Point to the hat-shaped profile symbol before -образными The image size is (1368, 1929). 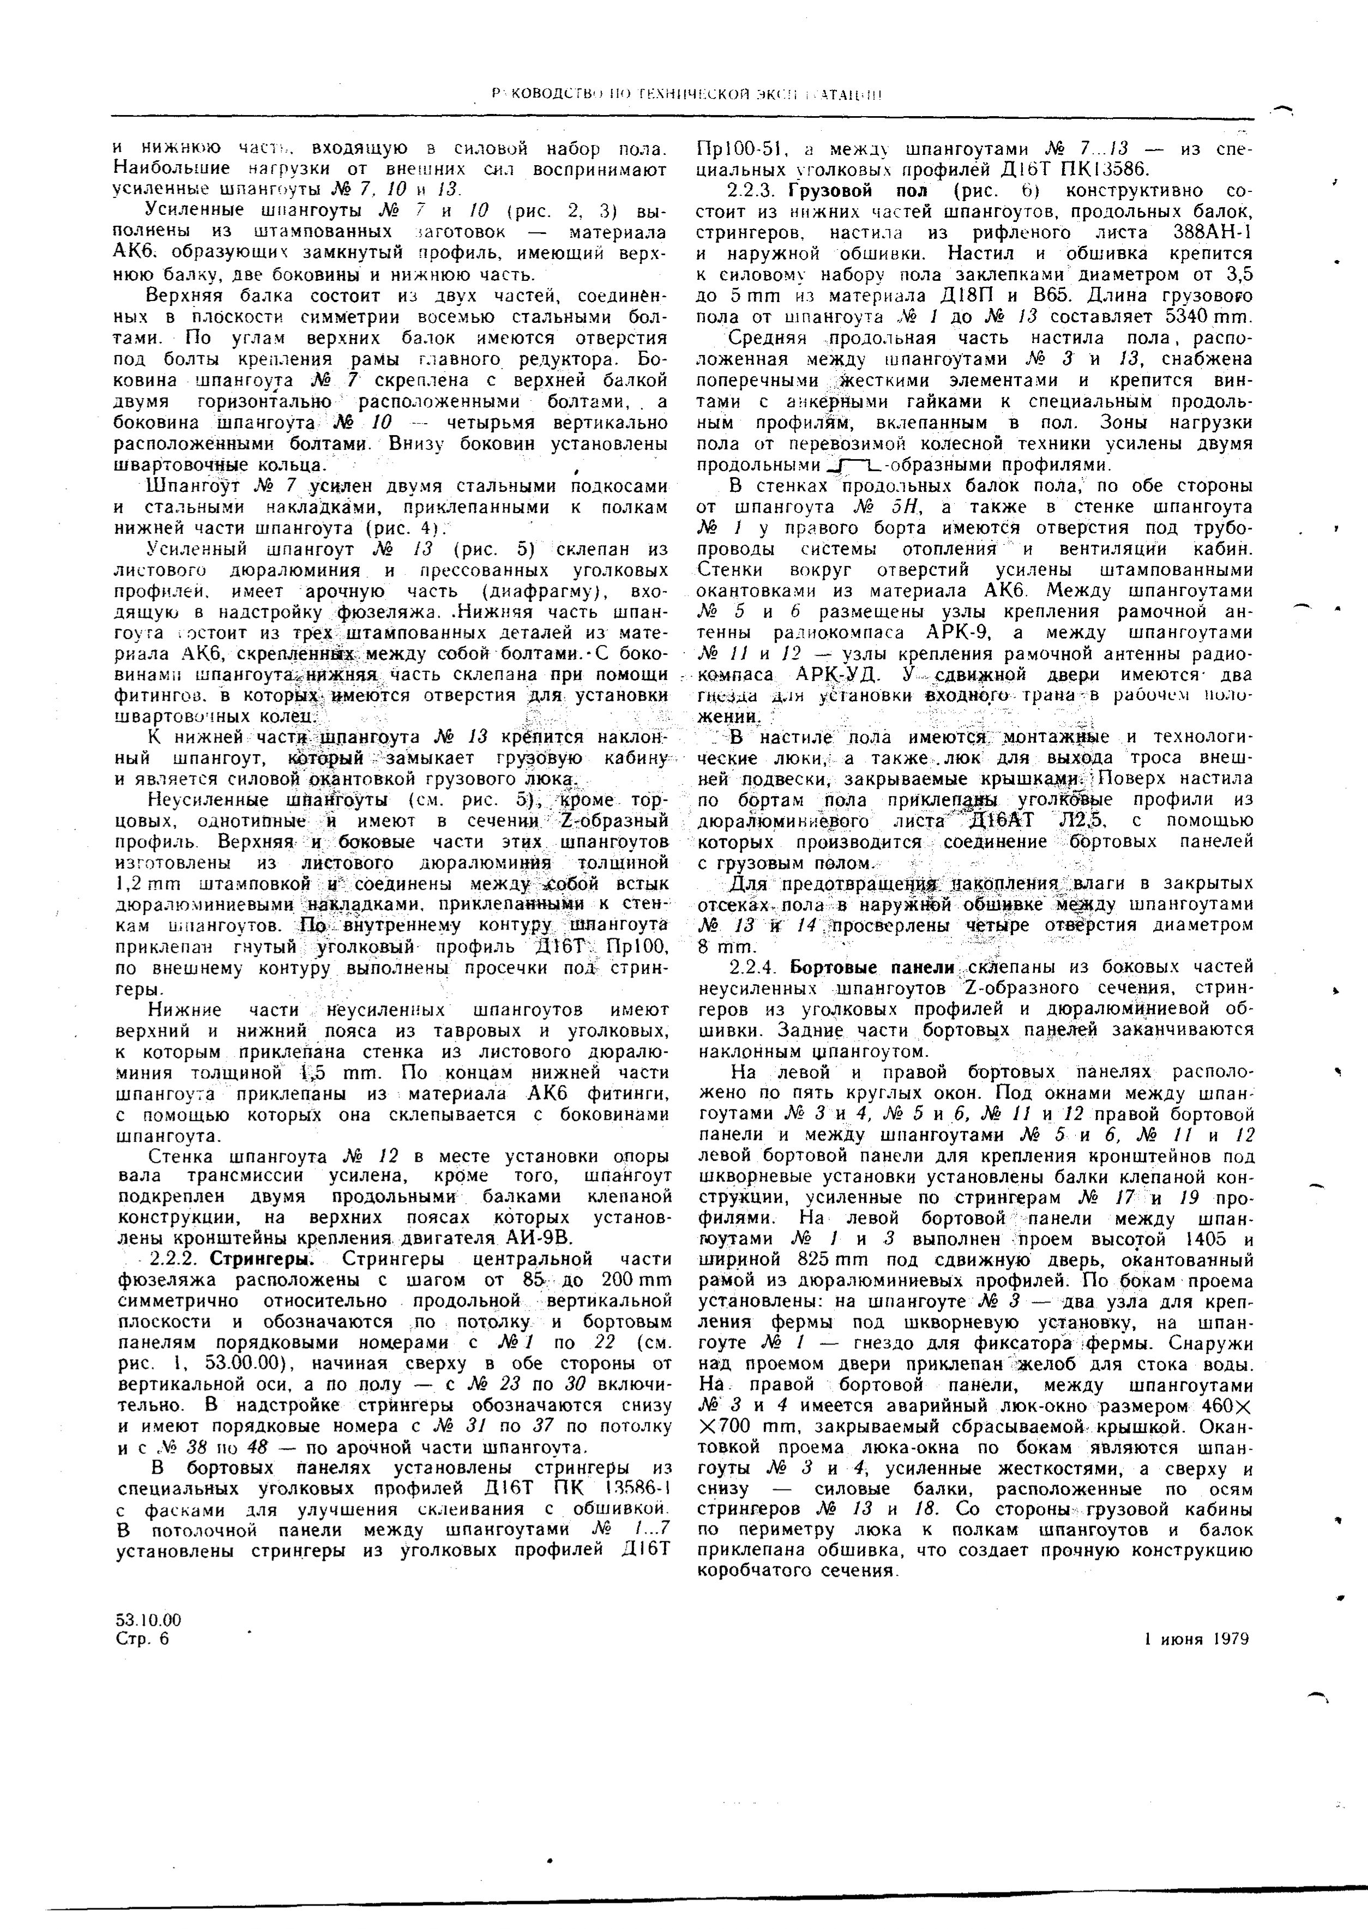(x=855, y=464)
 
